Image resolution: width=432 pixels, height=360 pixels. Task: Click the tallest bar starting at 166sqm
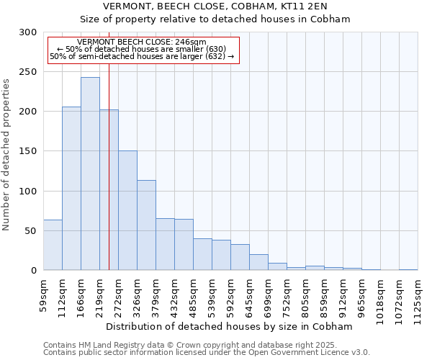(x=90, y=174)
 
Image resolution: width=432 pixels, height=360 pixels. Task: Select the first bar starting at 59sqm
(x=53, y=245)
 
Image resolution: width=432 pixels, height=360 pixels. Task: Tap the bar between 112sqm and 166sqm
(x=71, y=188)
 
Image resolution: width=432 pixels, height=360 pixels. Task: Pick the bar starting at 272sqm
(x=127, y=210)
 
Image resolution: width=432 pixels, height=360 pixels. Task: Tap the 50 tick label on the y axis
(x=30, y=231)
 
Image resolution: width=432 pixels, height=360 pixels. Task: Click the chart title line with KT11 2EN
(x=215, y=6)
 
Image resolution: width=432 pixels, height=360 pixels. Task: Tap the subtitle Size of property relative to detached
(x=215, y=19)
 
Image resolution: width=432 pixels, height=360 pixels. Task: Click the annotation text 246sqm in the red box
(x=141, y=42)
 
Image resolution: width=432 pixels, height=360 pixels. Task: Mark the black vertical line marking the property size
(x=109, y=180)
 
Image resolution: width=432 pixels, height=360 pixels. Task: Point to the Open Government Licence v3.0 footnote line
(x=207, y=353)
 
